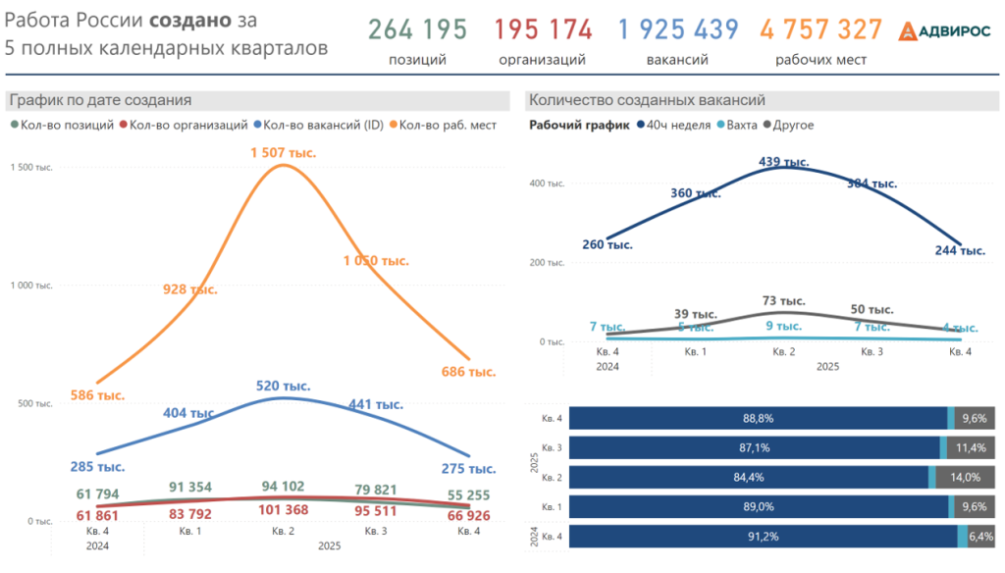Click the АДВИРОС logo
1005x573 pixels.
pyautogui.click(x=945, y=31)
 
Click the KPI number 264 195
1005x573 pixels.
pyautogui.click(x=417, y=30)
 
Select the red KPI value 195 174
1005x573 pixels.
pyautogui.click(x=543, y=30)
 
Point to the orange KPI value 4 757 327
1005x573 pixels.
pyautogui.click(x=820, y=30)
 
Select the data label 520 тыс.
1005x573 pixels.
pyautogui.click(x=283, y=387)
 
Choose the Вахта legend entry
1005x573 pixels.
pyautogui.click(x=741, y=125)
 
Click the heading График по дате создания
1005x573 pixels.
pyautogui.click(x=99, y=100)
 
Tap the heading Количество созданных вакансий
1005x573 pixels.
pyautogui.click(x=646, y=100)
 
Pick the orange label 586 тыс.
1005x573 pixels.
pyautogui.click(x=97, y=395)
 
